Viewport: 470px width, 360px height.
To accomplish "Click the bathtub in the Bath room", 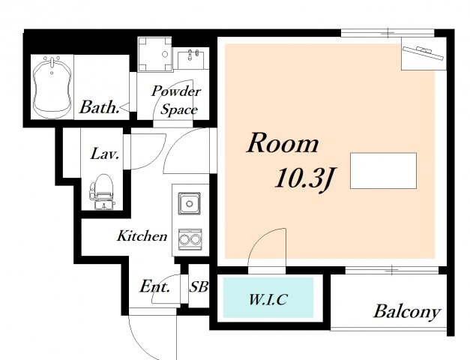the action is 52,87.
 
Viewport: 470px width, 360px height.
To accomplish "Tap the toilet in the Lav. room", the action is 102,192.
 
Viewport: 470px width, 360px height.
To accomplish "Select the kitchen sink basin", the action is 189,204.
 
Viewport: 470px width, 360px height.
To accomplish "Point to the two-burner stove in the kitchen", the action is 190,239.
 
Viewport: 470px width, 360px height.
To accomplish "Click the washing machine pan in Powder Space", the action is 155,54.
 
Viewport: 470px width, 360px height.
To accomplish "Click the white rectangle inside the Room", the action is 383,171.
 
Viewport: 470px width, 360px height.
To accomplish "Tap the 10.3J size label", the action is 305,178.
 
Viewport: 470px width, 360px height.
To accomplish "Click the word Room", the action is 283,144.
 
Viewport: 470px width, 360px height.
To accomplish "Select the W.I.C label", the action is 268,299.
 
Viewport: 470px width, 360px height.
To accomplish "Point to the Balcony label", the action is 407,312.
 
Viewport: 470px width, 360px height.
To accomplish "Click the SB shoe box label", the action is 199,286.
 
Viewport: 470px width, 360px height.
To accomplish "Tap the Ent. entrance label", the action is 155,286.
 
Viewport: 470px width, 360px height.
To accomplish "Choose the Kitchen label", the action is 142,235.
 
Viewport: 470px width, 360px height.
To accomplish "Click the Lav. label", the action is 105,154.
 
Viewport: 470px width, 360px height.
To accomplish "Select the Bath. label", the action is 99,107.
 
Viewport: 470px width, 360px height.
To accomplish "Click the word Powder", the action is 176,91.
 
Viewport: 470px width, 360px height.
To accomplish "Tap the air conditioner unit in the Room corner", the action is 424,52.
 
